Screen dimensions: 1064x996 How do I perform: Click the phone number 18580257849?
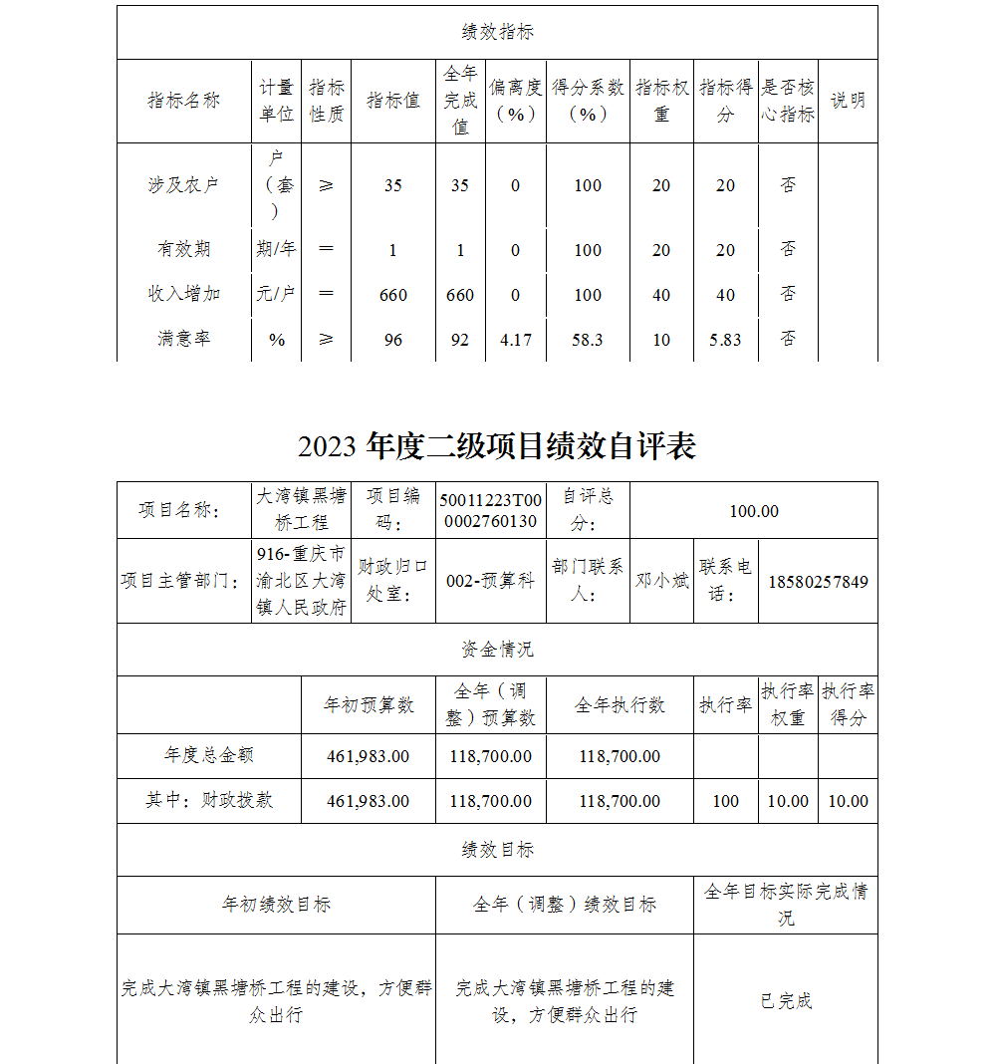click(818, 582)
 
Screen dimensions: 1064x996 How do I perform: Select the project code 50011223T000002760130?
click(490, 511)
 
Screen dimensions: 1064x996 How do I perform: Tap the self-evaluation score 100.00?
click(754, 511)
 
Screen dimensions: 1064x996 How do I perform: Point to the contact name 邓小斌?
click(662, 581)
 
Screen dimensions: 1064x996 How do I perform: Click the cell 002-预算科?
click(490, 582)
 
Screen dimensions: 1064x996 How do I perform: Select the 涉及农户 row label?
click(183, 185)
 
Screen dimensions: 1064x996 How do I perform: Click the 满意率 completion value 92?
click(459, 340)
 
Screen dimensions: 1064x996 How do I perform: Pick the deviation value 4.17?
click(515, 340)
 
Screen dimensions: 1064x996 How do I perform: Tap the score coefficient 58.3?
click(588, 340)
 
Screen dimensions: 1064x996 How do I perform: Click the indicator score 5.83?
click(725, 340)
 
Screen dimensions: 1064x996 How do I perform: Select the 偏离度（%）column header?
click(515, 101)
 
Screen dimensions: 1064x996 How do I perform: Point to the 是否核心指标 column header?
click(788, 101)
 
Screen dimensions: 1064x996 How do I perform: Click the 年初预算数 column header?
click(368, 705)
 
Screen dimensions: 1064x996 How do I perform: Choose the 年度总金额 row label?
click(209, 756)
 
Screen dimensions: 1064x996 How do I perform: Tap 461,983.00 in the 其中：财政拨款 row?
click(368, 801)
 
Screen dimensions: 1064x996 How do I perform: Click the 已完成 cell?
click(786, 1001)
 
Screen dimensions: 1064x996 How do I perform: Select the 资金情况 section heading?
click(497, 650)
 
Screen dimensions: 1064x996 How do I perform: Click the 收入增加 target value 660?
click(393, 295)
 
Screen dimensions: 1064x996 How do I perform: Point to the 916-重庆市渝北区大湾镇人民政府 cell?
click(302, 581)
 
